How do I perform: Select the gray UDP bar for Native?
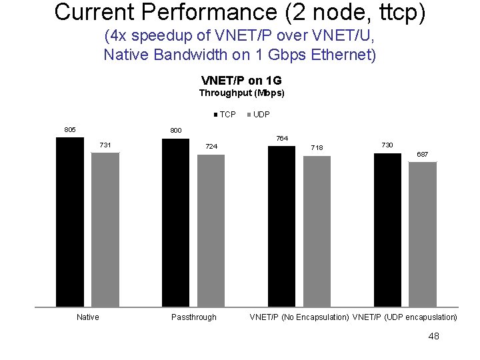[x=105, y=229]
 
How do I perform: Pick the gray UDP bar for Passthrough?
[x=211, y=231]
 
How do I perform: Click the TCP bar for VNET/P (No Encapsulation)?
[x=281, y=226]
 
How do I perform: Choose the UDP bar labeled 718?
[x=317, y=231]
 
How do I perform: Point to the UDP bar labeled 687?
[x=423, y=234]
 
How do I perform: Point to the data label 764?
[x=281, y=139]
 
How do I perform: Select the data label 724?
[x=211, y=147]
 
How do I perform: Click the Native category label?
[x=87, y=317]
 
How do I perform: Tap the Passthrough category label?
[x=193, y=317]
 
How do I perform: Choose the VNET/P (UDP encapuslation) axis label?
[x=405, y=317]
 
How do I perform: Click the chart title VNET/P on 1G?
[x=241, y=81]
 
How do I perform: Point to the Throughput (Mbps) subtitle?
[x=241, y=93]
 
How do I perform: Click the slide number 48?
[x=433, y=337]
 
